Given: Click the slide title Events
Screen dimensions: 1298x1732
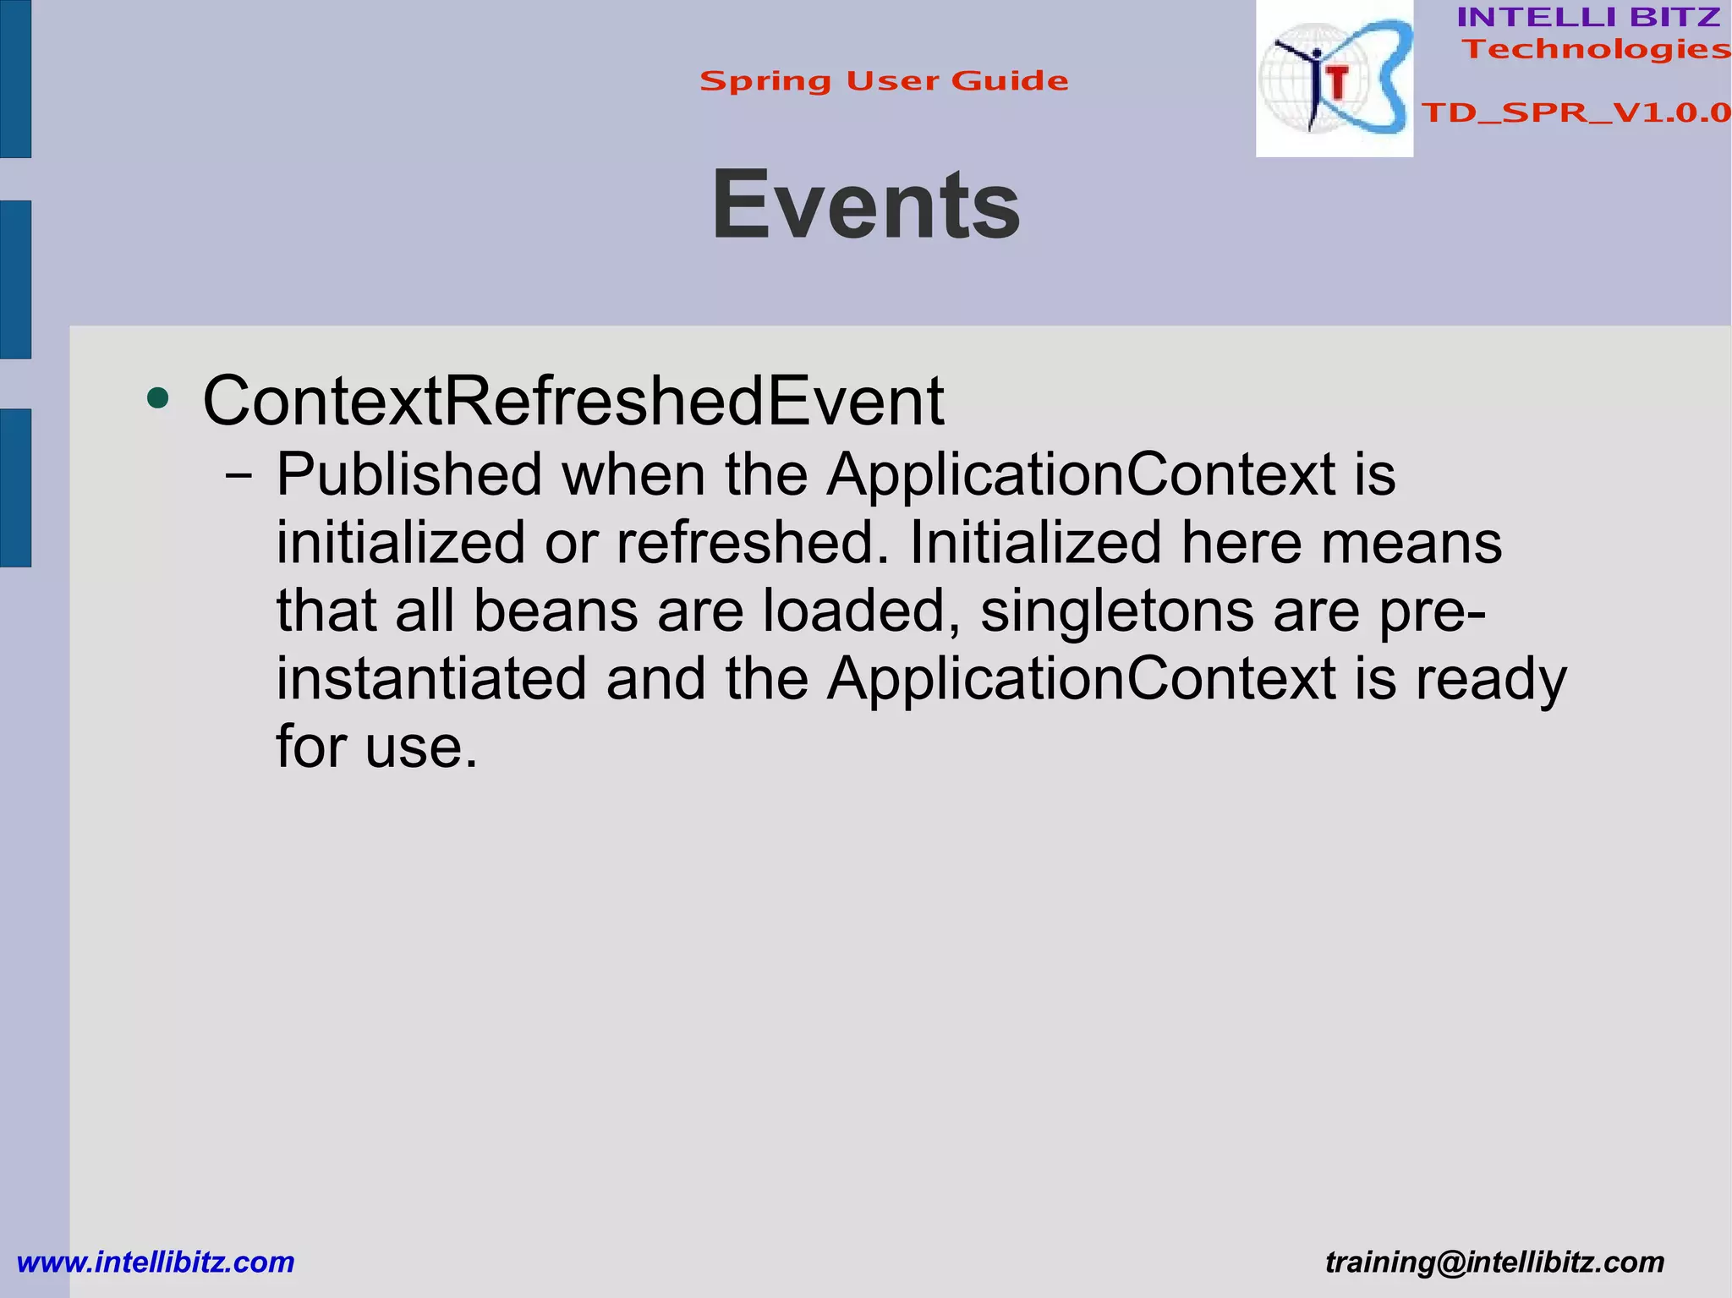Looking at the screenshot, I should (x=866, y=205).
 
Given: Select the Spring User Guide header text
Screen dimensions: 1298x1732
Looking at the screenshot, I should (x=884, y=81).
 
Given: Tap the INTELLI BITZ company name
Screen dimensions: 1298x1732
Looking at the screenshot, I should (x=1588, y=17).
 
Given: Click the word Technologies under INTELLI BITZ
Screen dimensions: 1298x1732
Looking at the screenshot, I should (x=1596, y=49).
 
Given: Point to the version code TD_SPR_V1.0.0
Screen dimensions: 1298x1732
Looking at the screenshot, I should (x=1576, y=112).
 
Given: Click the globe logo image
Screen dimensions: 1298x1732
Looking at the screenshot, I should (x=1334, y=79).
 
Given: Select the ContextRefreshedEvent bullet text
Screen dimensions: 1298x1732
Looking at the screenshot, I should (x=573, y=401).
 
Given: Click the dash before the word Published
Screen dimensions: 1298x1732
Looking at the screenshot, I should (x=238, y=476).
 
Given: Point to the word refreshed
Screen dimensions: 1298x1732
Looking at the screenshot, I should (x=753, y=542).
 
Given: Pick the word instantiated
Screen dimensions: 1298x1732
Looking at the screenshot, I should (x=431, y=678).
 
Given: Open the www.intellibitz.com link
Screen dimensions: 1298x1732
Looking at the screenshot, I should (x=156, y=1262).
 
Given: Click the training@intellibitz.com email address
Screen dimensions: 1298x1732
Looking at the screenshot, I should (x=1494, y=1262).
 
